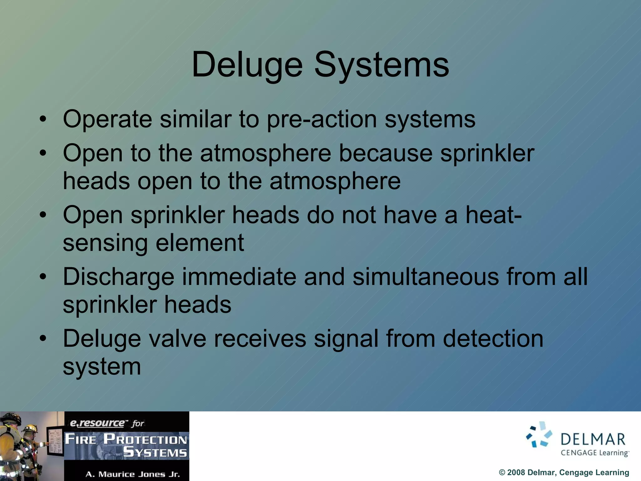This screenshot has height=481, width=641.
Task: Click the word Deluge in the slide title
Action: click(x=247, y=65)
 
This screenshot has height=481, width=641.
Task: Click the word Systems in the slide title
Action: click(x=382, y=65)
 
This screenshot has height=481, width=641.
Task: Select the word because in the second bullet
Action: click(x=386, y=153)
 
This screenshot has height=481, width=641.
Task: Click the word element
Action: click(x=200, y=243)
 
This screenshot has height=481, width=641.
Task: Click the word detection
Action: click(x=493, y=339)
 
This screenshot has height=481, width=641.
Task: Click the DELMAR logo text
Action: click(x=593, y=439)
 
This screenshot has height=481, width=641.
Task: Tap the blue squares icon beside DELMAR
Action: click(x=539, y=434)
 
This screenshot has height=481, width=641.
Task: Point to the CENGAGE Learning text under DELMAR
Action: click(x=594, y=453)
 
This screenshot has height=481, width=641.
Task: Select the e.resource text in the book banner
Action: click(x=97, y=423)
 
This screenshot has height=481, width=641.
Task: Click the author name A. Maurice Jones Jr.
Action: click(x=133, y=474)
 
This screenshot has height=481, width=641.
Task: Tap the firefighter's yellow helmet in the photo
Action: click(x=30, y=428)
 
